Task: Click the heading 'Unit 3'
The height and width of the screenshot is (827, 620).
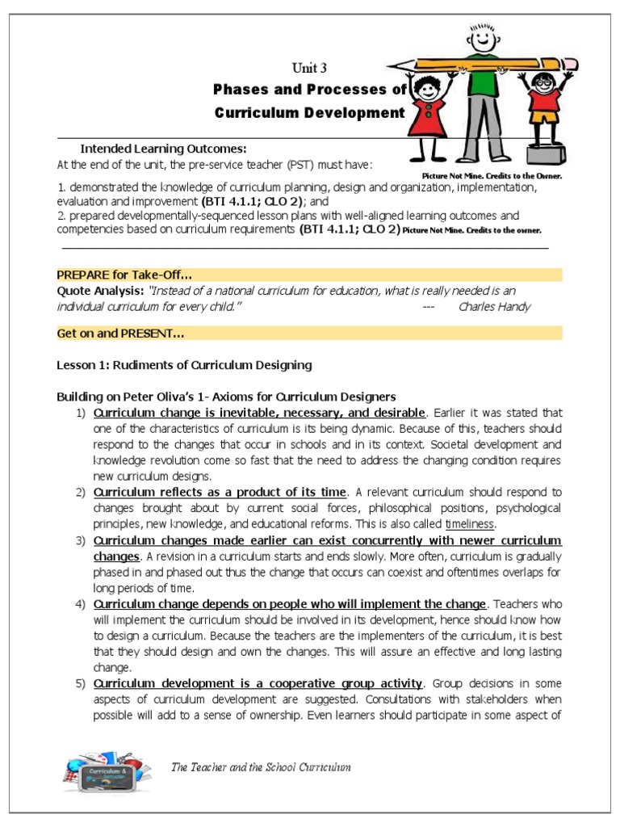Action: point(309,68)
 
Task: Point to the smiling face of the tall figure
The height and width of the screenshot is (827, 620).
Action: point(484,37)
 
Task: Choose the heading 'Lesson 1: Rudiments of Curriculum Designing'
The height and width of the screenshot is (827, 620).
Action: point(183,365)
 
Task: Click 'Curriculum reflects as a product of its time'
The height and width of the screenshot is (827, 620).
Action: point(220,492)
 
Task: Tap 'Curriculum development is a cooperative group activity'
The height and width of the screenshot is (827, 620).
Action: point(258,683)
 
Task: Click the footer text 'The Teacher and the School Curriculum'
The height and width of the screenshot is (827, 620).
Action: point(261,766)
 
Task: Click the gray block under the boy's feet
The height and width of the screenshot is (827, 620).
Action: point(547,155)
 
